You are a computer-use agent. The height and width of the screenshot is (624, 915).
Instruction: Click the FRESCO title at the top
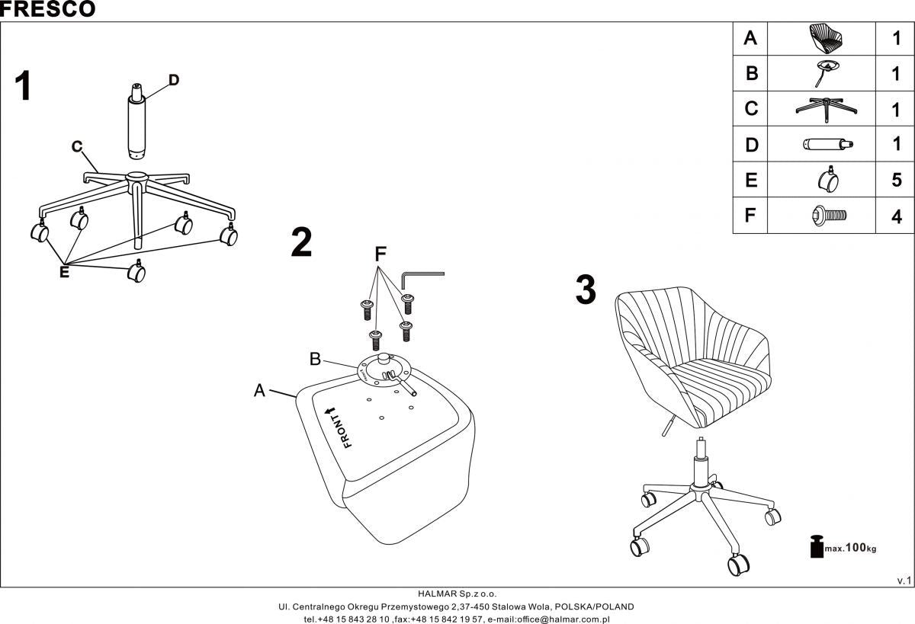[x=48, y=9]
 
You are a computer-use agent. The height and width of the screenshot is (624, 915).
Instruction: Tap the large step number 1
[x=24, y=86]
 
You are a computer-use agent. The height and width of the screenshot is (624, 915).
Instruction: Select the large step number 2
[x=302, y=243]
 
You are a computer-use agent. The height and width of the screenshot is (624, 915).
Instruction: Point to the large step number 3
[x=585, y=291]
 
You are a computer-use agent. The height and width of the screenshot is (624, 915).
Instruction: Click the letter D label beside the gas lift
[x=174, y=80]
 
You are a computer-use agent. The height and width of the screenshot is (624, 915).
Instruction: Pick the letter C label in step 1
[x=77, y=147]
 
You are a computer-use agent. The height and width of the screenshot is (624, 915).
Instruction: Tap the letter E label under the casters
[x=64, y=272]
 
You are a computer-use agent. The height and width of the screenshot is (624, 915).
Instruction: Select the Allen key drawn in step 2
[x=422, y=277]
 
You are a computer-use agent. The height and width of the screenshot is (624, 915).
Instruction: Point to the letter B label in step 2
[x=315, y=358]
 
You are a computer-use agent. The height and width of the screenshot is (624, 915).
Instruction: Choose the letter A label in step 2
[x=259, y=390]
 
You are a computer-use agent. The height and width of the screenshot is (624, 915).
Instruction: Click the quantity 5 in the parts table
[x=896, y=181]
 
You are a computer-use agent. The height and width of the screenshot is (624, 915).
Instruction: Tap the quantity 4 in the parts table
[x=896, y=216]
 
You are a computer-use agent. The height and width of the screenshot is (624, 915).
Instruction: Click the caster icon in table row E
[x=827, y=180]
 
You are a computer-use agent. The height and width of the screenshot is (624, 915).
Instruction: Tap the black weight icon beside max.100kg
[x=815, y=546]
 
